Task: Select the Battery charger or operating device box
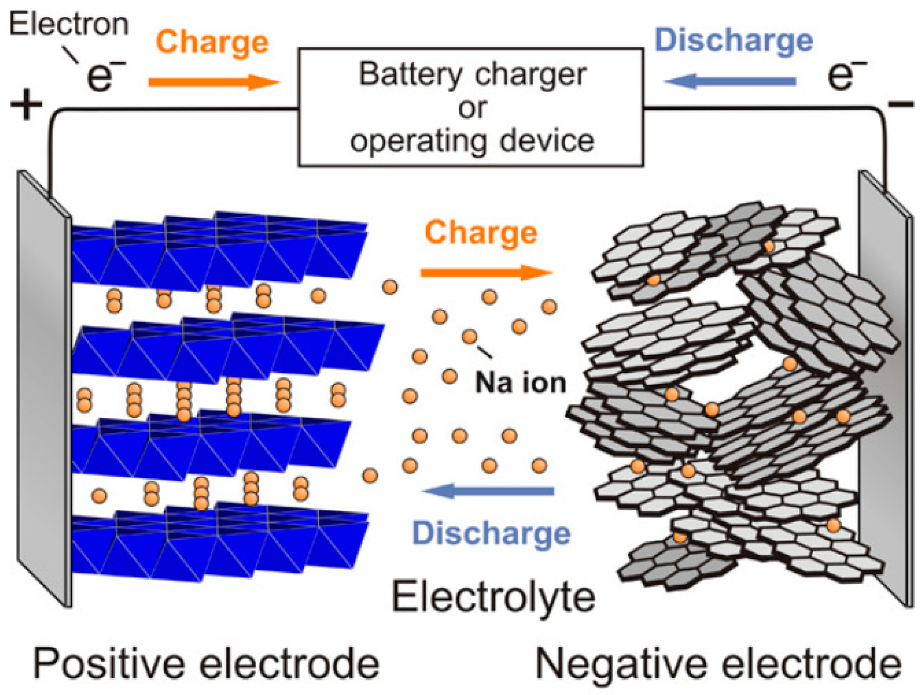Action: pos(471,107)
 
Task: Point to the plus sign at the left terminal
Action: pos(26,105)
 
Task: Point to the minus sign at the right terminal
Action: pos(900,104)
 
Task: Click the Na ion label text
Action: pos(520,383)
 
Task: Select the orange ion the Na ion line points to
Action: pos(469,336)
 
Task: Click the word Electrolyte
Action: pos(493,597)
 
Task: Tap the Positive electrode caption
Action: pos(206,664)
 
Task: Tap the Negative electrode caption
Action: pos(718,664)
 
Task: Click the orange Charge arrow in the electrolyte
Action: pos(485,272)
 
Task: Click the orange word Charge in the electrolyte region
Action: pos(481,232)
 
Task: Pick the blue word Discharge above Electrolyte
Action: pos(491,533)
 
